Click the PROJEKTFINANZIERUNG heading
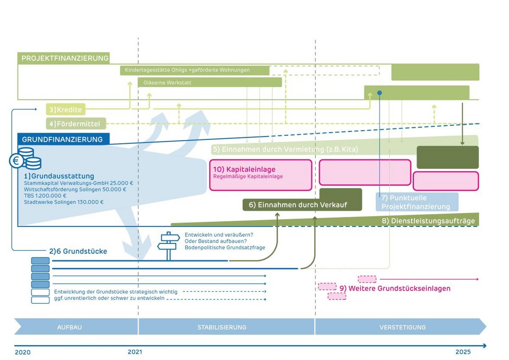click(65, 58)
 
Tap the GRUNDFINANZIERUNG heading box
click(63, 139)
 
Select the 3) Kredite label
click(66, 109)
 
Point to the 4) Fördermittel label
click(76, 123)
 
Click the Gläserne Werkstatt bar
click(210, 82)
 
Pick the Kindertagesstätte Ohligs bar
click(194, 70)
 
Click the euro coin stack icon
click(25, 158)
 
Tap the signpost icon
click(168, 246)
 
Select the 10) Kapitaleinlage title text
click(244, 169)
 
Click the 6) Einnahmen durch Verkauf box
click(297, 205)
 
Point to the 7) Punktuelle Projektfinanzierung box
click(417, 202)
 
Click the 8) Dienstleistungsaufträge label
click(428, 221)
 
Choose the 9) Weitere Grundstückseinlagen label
click(395, 288)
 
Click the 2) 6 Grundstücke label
click(78, 251)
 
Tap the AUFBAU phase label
click(69, 327)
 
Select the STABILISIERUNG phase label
click(222, 327)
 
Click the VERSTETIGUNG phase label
click(402, 327)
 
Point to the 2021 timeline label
click(135, 352)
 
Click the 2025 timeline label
click(463, 352)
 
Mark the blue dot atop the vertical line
click(379, 93)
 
